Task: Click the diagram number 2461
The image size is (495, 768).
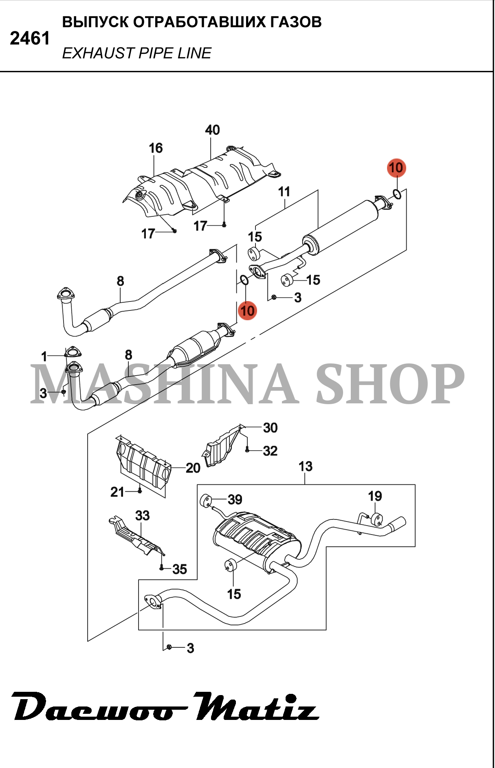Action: click(30, 39)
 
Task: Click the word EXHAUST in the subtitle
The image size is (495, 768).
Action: click(98, 53)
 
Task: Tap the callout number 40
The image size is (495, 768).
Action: click(212, 130)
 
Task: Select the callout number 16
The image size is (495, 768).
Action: click(156, 148)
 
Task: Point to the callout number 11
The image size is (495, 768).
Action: click(284, 191)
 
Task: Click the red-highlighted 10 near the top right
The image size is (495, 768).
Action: click(396, 167)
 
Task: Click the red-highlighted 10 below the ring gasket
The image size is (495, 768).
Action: click(247, 311)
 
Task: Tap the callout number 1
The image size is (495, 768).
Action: click(44, 356)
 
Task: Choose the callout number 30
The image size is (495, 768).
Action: click(270, 427)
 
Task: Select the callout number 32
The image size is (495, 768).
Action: click(270, 451)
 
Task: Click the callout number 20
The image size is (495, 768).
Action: click(193, 468)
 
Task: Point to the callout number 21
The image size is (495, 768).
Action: click(117, 492)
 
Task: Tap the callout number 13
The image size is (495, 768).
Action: click(305, 466)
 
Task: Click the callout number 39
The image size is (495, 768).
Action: click(235, 499)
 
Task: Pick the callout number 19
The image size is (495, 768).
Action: click(375, 496)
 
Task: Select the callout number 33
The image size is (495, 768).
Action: click(142, 515)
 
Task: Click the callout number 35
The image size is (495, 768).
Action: click(179, 569)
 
